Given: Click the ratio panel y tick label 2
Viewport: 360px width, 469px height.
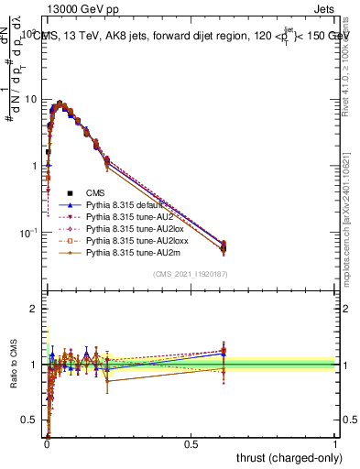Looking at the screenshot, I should point(36,309).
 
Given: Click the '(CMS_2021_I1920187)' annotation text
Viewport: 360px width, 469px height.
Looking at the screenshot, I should point(191,274).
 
